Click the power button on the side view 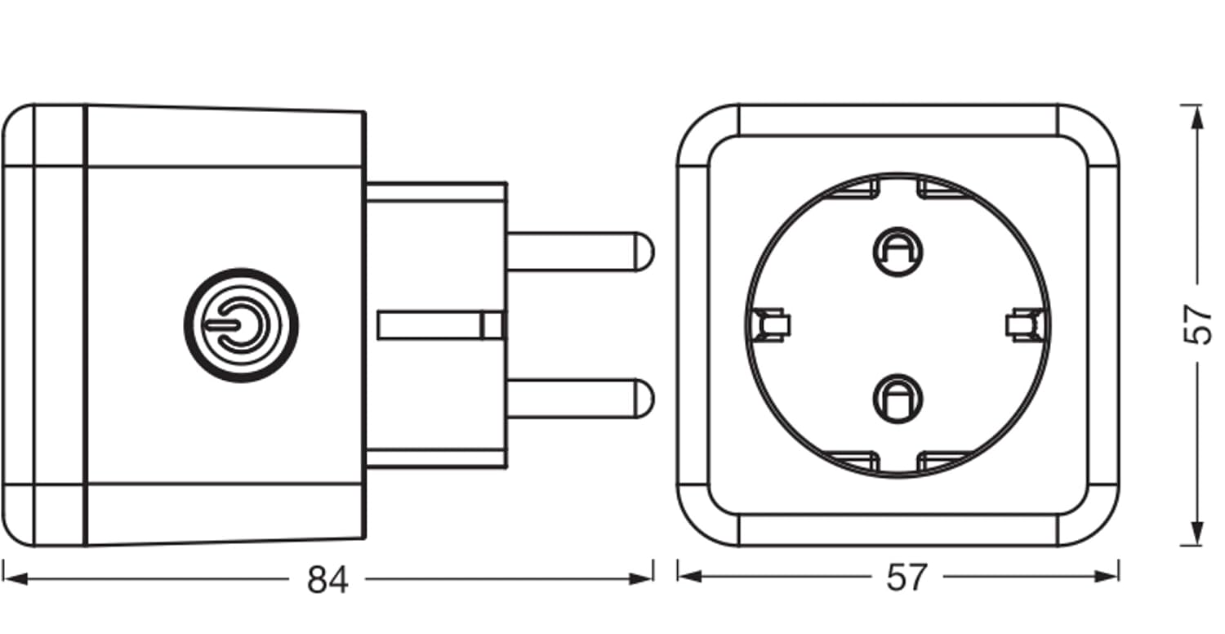(241, 325)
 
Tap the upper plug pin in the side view (580, 252)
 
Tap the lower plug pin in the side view (580, 398)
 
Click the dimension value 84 (327, 580)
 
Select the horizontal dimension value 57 (906, 577)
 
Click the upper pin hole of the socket (898, 252)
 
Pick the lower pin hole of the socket (898, 399)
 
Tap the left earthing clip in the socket (771, 325)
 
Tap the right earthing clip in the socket (1025, 325)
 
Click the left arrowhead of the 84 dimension (16, 578)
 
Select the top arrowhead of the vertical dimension (1197, 117)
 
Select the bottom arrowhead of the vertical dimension (1197, 534)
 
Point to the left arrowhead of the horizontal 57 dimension (689, 576)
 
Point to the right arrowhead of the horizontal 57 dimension (1107, 576)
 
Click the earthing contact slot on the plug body (439, 325)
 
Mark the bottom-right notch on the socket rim (945, 462)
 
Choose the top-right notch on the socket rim (945, 189)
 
